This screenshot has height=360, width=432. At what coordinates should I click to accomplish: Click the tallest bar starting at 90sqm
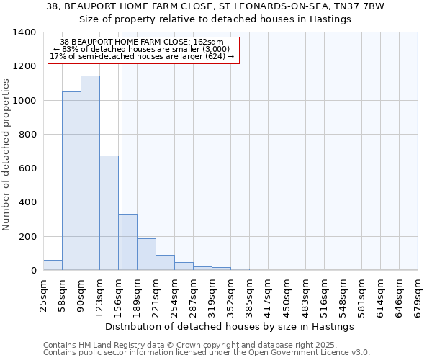[90, 173]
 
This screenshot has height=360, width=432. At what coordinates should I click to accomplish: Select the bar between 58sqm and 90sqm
[71, 181]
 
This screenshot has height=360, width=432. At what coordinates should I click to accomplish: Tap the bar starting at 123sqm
[109, 212]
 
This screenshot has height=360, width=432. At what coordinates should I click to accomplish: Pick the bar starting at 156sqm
[127, 242]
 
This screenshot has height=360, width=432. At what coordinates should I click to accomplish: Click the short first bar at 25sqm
[53, 265]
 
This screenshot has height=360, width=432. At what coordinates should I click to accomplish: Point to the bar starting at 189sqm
[146, 254]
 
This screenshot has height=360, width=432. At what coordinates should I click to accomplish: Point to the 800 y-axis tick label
[27, 135]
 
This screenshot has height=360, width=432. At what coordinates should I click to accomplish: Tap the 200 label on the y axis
[27, 237]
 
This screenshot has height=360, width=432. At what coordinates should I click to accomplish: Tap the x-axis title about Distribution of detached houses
[230, 326]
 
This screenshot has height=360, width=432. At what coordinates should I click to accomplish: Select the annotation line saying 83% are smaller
[141, 49]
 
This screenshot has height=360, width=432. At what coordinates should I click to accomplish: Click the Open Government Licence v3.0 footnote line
[207, 352]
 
